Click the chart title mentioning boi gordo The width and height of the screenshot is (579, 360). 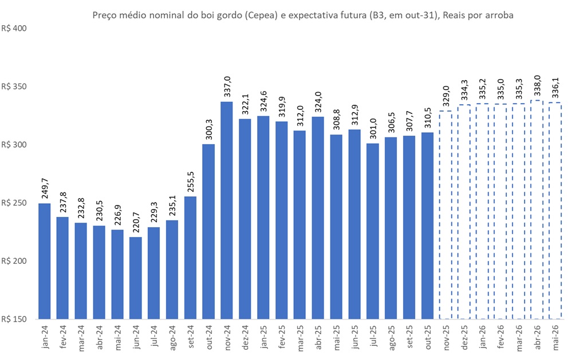pyautogui.click(x=303, y=15)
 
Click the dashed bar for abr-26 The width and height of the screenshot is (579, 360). pyautogui.click(x=537, y=209)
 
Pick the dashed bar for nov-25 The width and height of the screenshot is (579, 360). pyautogui.click(x=446, y=215)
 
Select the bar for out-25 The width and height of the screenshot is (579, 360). pyautogui.click(x=427, y=226)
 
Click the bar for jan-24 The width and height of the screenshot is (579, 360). pyautogui.click(x=45, y=261)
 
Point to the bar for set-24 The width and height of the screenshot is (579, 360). pyautogui.click(x=190, y=258)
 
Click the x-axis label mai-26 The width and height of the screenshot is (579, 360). pyautogui.click(x=555, y=337)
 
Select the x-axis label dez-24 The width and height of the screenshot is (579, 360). pyautogui.click(x=245, y=337)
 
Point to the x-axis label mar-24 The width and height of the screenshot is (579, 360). pyautogui.click(x=81, y=337)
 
